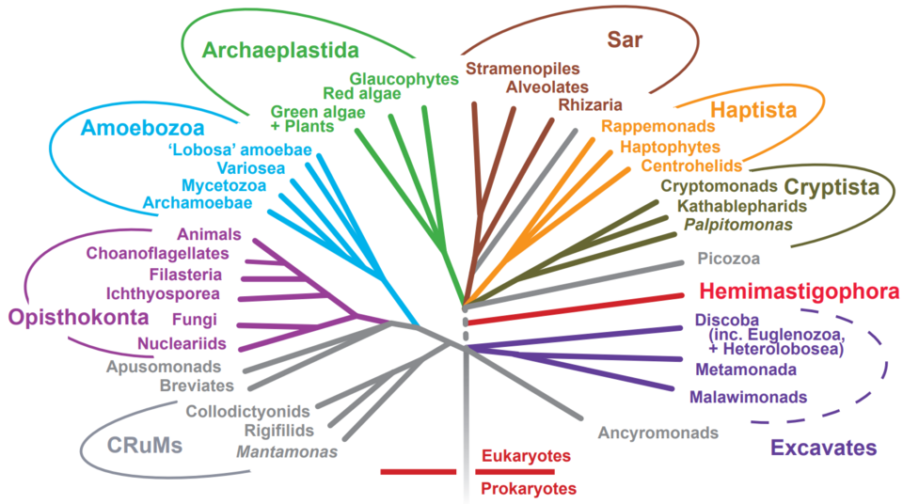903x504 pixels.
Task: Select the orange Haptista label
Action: pyautogui.click(x=752, y=110)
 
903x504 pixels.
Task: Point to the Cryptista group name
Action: pyautogui.click(x=832, y=187)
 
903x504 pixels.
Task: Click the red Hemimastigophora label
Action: pyautogui.click(x=799, y=291)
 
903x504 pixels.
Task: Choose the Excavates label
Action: pyautogui.click(x=823, y=448)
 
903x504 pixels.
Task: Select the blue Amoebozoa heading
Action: pyautogui.click(x=142, y=126)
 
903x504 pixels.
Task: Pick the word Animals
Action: pyautogui.click(x=209, y=234)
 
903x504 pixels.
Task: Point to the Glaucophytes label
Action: pyautogui.click(x=404, y=78)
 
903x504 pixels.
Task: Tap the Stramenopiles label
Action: pyautogui.click(x=522, y=69)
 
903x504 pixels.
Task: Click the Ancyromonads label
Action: pyautogui.click(x=658, y=433)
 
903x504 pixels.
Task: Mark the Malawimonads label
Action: pyautogui.click(x=749, y=397)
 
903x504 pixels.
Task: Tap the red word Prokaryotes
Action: pyautogui.click(x=529, y=488)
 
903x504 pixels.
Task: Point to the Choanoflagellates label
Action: pyautogui.click(x=158, y=253)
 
